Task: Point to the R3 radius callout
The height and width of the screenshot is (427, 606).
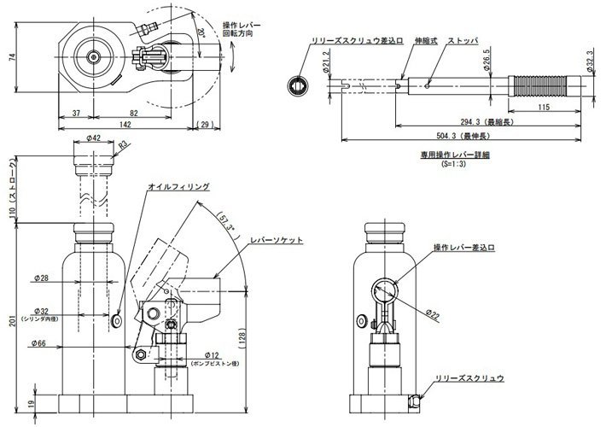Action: (124, 146)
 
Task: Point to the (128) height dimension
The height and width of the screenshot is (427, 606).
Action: (250, 336)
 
